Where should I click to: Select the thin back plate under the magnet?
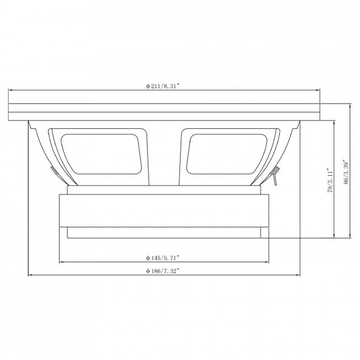coord(164,232)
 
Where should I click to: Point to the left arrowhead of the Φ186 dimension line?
coord(30,275)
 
